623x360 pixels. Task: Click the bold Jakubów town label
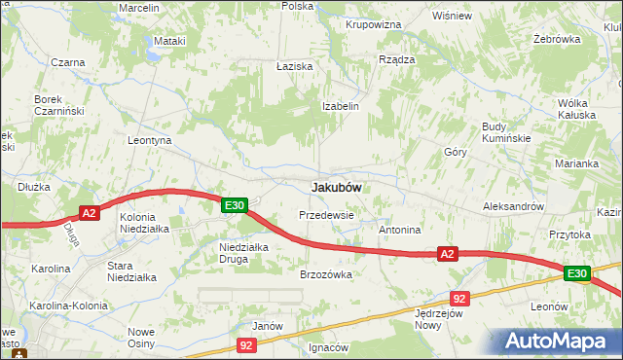pyautogui.click(x=336, y=186)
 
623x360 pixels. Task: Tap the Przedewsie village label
pyautogui.click(x=325, y=214)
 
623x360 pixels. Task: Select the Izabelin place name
pyautogui.click(x=342, y=106)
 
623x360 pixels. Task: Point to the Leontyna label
pyautogui.click(x=150, y=140)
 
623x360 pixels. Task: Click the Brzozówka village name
pyautogui.click(x=325, y=274)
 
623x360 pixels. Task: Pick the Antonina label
pyautogui.click(x=399, y=231)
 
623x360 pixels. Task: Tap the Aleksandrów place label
pyautogui.click(x=512, y=207)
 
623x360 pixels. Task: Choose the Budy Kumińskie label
pyautogui.click(x=506, y=132)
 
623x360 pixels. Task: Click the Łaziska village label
pyautogui.click(x=293, y=66)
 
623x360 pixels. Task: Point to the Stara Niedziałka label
pyautogui.click(x=131, y=270)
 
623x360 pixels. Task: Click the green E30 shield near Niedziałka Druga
pyautogui.click(x=234, y=205)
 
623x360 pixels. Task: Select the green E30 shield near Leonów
pyautogui.click(x=577, y=274)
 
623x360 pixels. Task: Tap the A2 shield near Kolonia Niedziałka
pyautogui.click(x=89, y=213)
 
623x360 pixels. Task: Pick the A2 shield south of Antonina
pyautogui.click(x=447, y=254)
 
